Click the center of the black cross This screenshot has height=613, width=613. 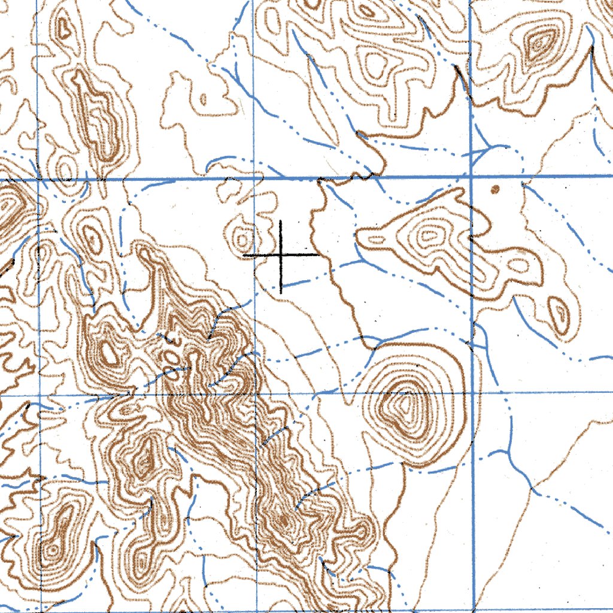pos(281,255)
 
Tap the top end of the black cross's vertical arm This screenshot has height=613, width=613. pos(281,221)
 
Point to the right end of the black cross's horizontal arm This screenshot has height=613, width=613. pos(318,255)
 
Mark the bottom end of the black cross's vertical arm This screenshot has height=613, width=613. pos(281,293)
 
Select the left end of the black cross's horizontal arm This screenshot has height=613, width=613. pos(244,255)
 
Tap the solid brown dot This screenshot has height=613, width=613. pos(495,190)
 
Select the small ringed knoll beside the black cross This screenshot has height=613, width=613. pos(243,239)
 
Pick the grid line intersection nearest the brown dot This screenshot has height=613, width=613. pos(471,177)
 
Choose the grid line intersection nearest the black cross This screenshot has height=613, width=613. pos(256,178)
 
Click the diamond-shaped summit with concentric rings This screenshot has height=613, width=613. pos(539,43)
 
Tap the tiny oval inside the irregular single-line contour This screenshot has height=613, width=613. pos(203,99)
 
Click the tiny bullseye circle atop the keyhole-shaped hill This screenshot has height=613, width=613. pos(53,548)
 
